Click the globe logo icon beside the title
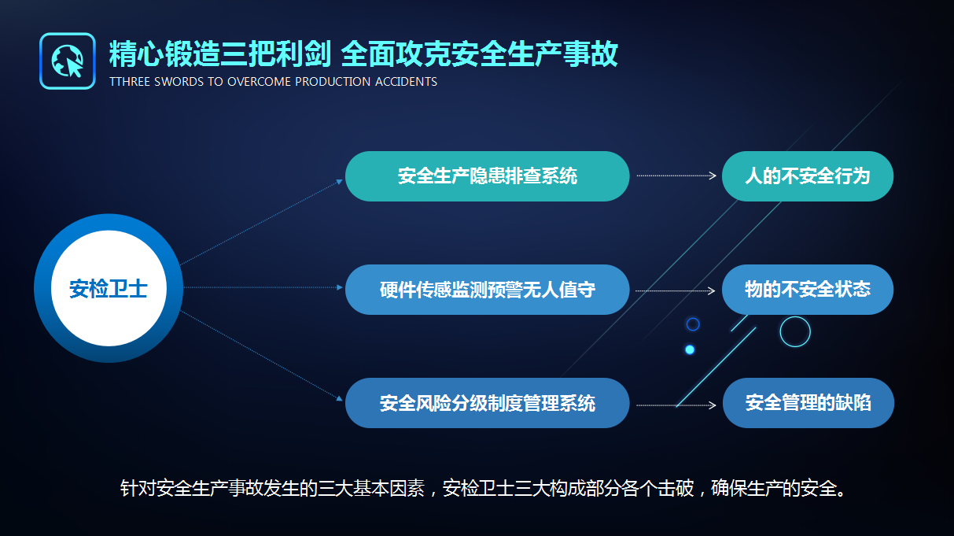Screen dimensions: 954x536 pyautogui.click(x=68, y=61)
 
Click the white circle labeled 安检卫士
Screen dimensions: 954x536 pyautogui.click(x=109, y=288)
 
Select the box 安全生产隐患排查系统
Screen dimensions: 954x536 pyautogui.click(x=487, y=176)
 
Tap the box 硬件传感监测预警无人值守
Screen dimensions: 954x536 pyautogui.click(x=487, y=290)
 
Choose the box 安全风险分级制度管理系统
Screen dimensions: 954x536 pyautogui.click(x=487, y=403)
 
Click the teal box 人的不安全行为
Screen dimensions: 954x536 pyautogui.click(x=808, y=176)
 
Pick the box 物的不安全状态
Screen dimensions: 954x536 pyautogui.click(x=808, y=290)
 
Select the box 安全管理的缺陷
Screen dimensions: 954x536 pyautogui.click(x=808, y=403)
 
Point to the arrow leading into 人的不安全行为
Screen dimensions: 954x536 pyautogui.click(x=676, y=176)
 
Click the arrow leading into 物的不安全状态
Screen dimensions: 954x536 pyautogui.click(x=675, y=291)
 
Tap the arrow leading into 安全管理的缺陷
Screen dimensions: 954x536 pyautogui.click(x=676, y=405)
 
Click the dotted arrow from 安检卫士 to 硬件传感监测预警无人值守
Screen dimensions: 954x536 pyautogui.click(x=263, y=287)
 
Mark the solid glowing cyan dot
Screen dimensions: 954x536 pyautogui.click(x=690, y=349)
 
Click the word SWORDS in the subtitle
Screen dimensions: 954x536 pyautogui.click(x=179, y=82)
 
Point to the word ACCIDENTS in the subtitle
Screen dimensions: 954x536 pyautogui.click(x=406, y=82)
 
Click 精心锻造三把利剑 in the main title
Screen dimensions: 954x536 pyautogui.click(x=219, y=54)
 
